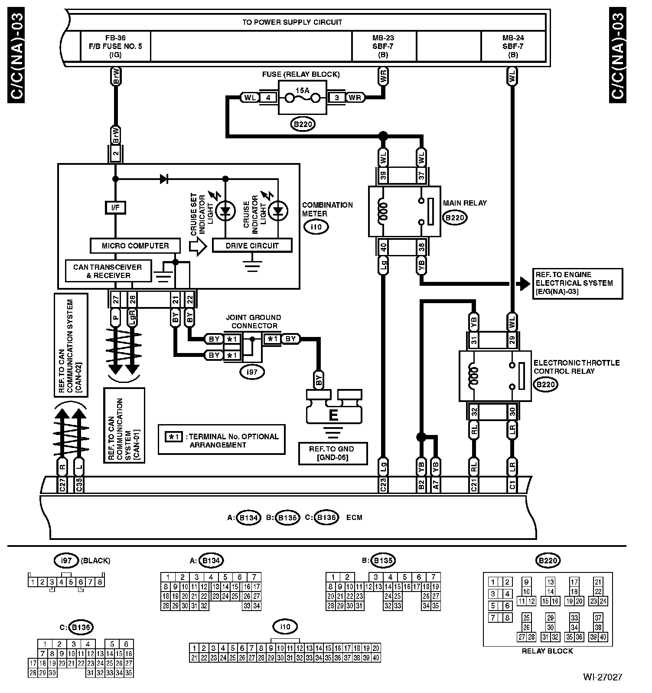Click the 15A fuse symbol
[x=302, y=98]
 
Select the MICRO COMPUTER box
[x=135, y=245]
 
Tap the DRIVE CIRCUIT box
[x=252, y=245]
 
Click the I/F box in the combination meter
[x=115, y=208]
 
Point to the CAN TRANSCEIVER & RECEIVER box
[x=108, y=271]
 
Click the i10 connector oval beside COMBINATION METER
[x=316, y=227]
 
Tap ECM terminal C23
[x=383, y=485]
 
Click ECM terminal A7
[x=436, y=485]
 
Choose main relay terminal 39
[x=383, y=176]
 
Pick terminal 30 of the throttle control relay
[x=512, y=411]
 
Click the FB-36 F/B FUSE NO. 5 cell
[x=116, y=46]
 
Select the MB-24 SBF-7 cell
[x=513, y=46]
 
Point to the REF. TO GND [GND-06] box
[x=333, y=453]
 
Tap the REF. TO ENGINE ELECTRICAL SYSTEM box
[x=577, y=284]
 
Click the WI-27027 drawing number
[x=603, y=677]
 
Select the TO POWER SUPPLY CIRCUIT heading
[x=292, y=22]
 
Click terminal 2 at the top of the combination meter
[x=115, y=154]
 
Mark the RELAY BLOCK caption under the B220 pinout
[x=547, y=651]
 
